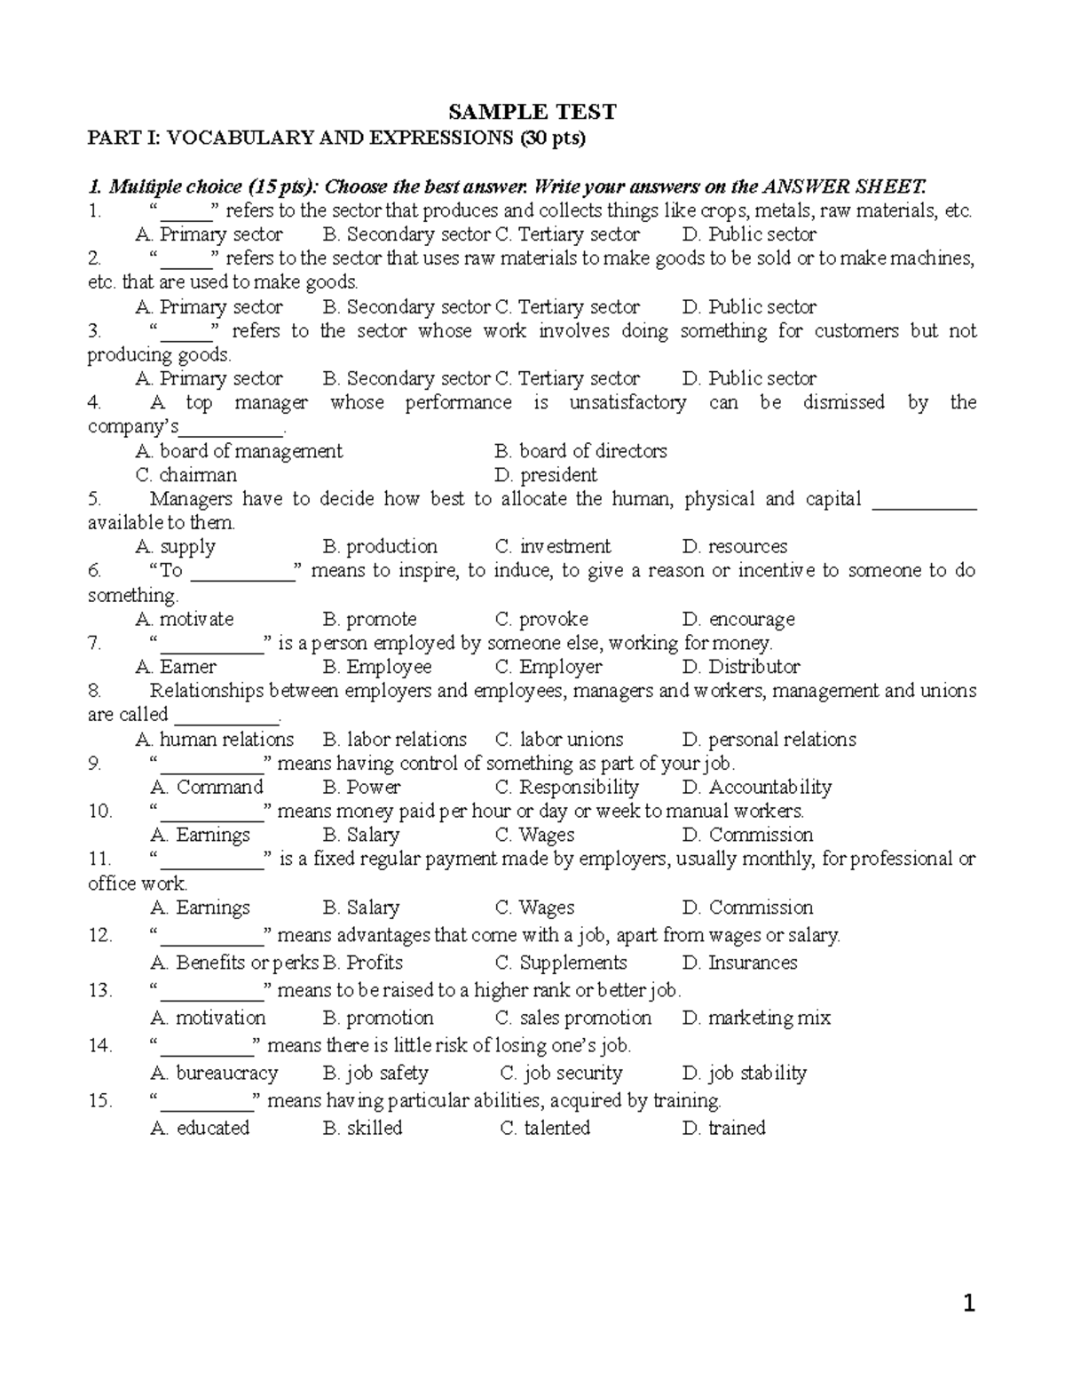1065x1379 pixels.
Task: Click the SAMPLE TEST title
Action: (x=532, y=112)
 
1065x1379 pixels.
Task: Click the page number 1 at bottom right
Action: (x=969, y=1304)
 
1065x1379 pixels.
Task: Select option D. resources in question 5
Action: (x=734, y=547)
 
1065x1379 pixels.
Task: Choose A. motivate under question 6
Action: (x=184, y=619)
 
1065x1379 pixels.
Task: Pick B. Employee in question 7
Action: (x=377, y=667)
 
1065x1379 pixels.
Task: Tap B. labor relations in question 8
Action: (x=394, y=740)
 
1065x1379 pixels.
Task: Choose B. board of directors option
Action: (x=580, y=451)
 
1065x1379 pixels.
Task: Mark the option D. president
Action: (x=545, y=475)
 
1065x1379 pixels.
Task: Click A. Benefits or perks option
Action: (x=234, y=963)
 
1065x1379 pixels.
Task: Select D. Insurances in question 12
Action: (x=739, y=963)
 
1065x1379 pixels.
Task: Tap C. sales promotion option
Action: (x=572, y=1018)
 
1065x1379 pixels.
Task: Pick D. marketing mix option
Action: (x=756, y=1018)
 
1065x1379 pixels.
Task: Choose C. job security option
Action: (x=561, y=1073)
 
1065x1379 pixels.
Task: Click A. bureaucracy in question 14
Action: (x=214, y=1073)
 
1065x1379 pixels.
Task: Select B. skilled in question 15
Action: (x=362, y=1128)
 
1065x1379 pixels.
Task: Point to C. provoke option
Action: (x=541, y=619)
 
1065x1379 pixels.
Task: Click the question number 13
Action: (x=100, y=990)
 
